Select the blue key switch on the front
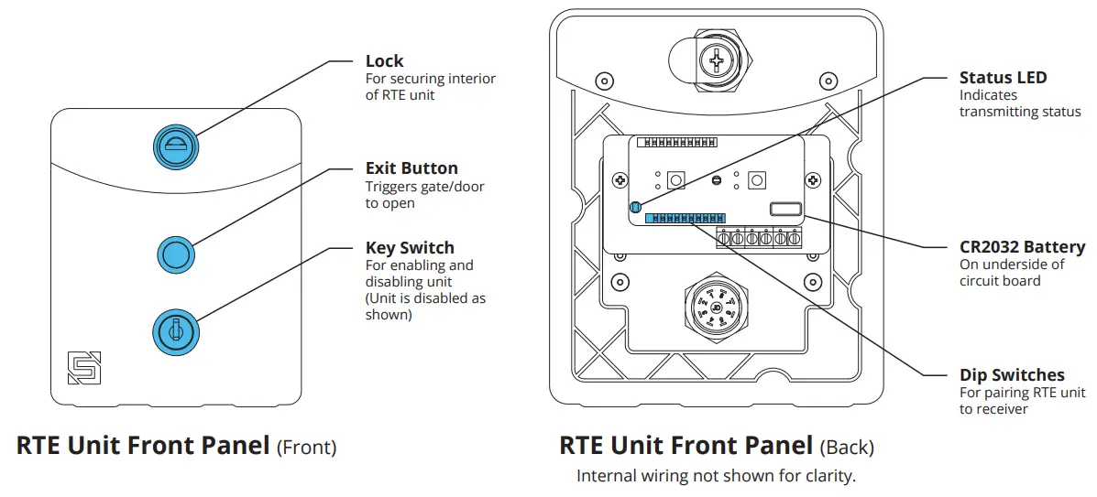click(x=174, y=330)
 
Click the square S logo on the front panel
click(x=83, y=367)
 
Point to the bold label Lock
click(x=384, y=61)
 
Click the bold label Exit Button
click(x=411, y=168)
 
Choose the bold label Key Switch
click(x=410, y=248)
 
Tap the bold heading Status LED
click(x=1003, y=78)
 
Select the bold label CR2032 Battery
click(x=1022, y=247)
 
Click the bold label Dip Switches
click(x=1012, y=375)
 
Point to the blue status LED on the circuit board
click(x=634, y=208)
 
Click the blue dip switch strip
click(x=685, y=218)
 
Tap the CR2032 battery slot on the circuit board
click(x=786, y=210)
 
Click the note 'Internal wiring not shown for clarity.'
click(x=716, y=476)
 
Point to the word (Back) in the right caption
click(x=846, y=448)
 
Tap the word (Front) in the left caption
click(x=306, y=448)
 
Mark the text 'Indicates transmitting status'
click(x=1019, y=103)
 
